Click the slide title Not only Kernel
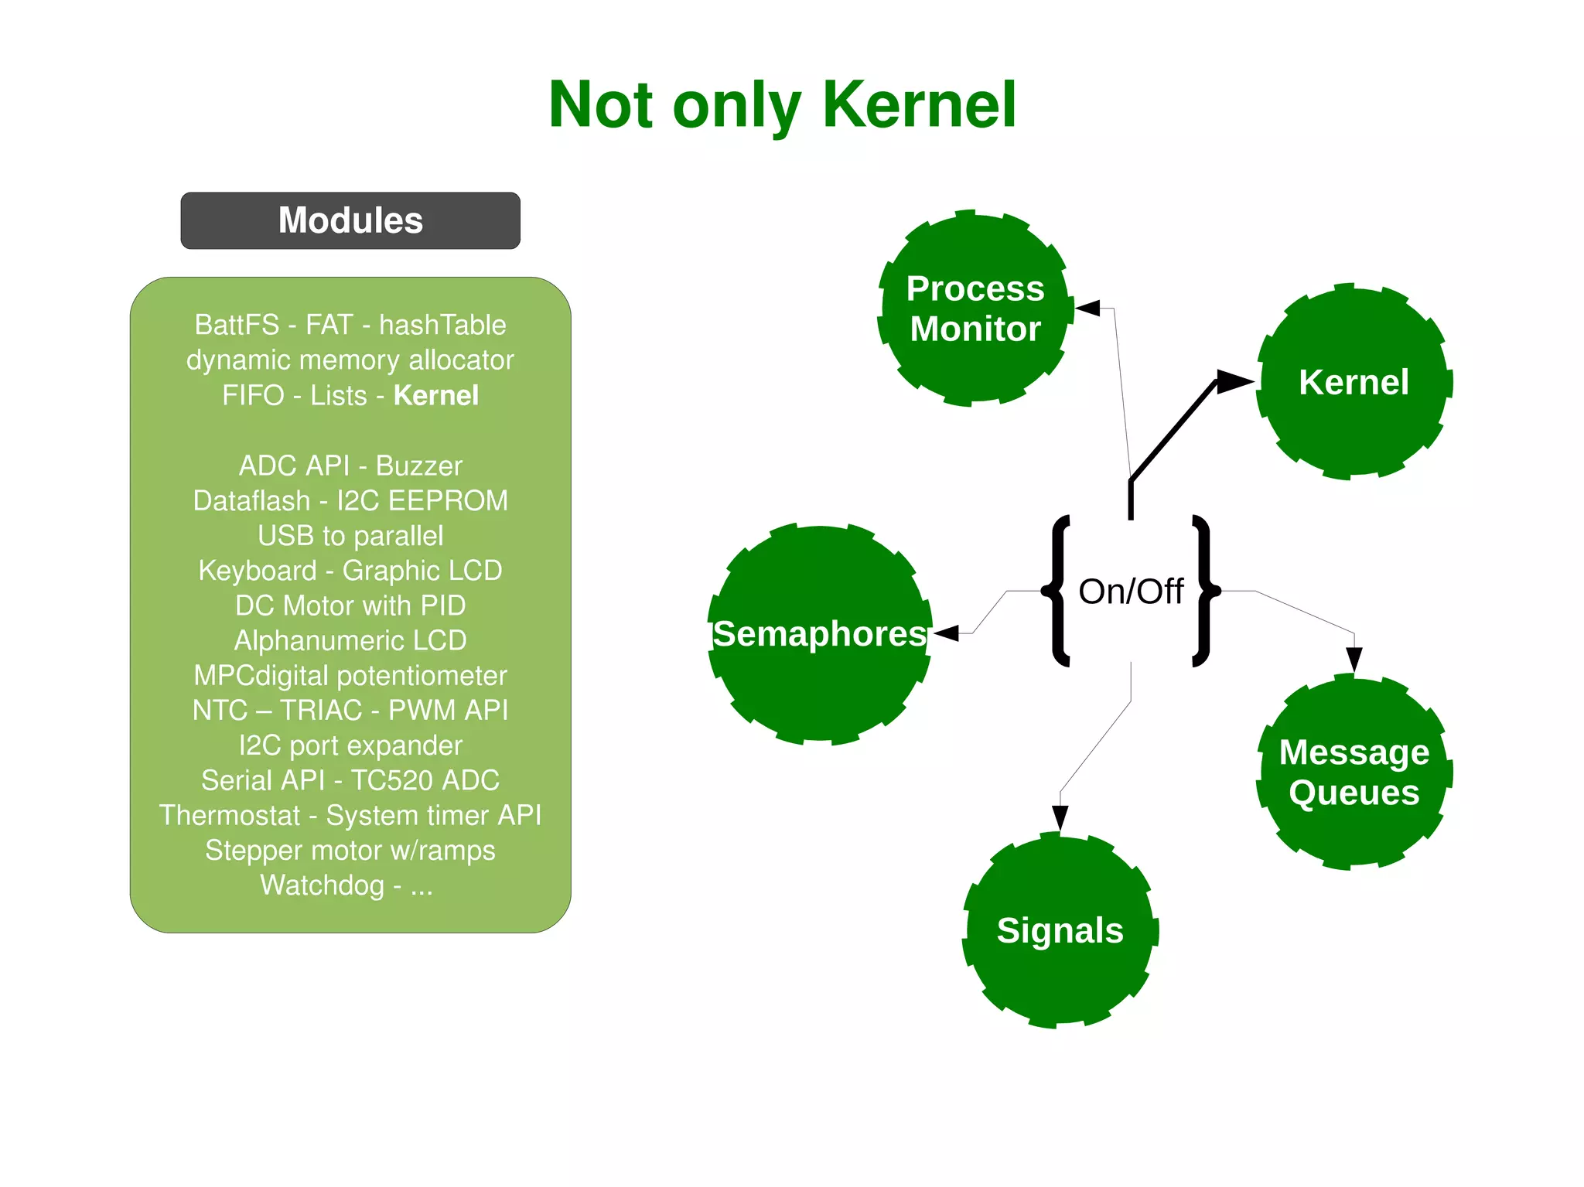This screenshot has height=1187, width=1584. coord(782,105)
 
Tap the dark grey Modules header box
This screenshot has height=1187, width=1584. coord(350,220)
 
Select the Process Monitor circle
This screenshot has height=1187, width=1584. coord(975,308)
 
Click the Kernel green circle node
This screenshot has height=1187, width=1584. coord(1354,382)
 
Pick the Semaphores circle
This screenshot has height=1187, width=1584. coord(819,633)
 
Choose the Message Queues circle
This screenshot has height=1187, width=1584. coord(1354,772)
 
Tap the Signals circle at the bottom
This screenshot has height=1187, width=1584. coord(1060,930)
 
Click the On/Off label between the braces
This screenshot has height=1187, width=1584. coord(1130,592)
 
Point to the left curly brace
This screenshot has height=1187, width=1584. coord(1058,591)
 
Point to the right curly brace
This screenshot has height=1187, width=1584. coord(1203,591)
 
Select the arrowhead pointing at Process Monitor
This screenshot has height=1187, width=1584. coord(1088,309)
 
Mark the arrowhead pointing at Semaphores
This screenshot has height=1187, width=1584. coord(947,633)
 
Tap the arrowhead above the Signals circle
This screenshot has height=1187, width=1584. coord(1060,817)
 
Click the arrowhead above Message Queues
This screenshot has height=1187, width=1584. coord(1354,659)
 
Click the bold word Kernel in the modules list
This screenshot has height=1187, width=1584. coord(436,395)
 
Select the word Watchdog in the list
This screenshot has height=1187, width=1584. coord(322,885)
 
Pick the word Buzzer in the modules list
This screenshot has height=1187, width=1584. coord(418,466)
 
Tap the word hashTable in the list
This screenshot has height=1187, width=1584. coord(442,325)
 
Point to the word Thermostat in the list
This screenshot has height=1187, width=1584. coord(230,815)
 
